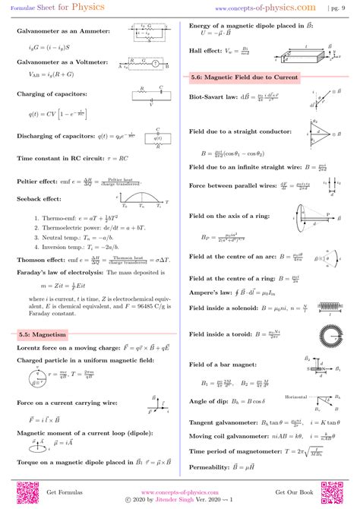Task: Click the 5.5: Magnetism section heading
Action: pyautogui.click(x=45, y=334)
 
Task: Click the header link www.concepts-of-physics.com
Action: pyautogui.click(x=267, y=8)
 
